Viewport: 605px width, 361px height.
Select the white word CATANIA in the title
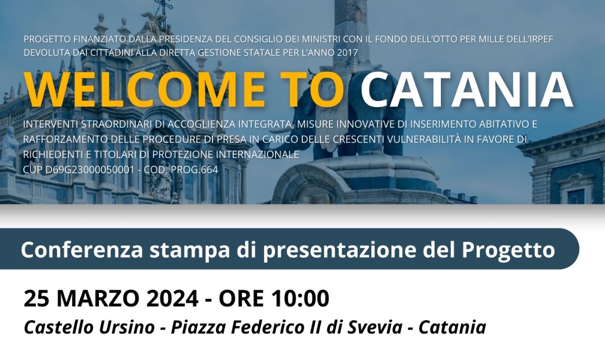click(x=466, y=89)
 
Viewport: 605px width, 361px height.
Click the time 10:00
click(x=301, y=298)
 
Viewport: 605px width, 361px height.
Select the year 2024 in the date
click(x=173, y=298)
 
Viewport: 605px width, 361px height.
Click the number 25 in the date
click(x=38, y=298)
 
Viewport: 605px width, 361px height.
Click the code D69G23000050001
click(x=89, y=170)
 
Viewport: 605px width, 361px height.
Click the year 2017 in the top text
click(x=347, y=53)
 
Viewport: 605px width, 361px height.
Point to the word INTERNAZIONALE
click(x=258, y=154)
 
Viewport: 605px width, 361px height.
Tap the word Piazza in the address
click(x=199, y=327)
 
